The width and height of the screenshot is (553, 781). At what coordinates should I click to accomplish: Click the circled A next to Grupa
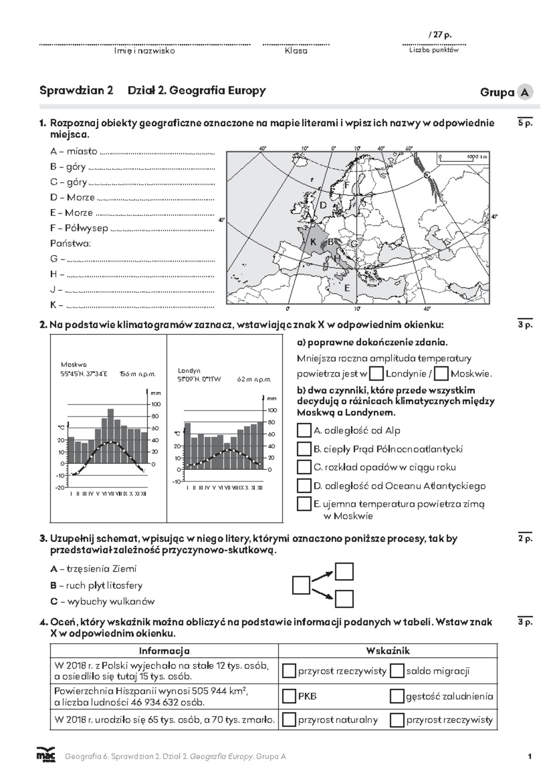(x=524, y=92)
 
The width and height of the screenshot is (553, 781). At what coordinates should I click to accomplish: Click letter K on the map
(x=313, y=242)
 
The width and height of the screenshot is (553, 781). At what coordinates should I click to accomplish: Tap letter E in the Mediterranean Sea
(x=347, y=288)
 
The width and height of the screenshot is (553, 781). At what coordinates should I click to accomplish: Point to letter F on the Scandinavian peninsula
(x=347, y=185)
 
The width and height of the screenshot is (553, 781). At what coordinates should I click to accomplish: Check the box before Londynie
(x=377, y=373)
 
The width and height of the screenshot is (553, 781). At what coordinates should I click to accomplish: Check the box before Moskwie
(x=441, y=373)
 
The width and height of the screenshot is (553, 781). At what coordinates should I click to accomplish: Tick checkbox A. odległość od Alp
(x=304, y=431)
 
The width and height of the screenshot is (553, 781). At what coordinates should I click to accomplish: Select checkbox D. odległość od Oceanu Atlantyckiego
(x=304, y=485)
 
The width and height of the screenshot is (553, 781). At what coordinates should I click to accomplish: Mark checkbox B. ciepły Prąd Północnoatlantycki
(x=304, y=449)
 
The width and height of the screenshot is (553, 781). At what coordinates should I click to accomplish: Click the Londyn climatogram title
(x=189, y=370)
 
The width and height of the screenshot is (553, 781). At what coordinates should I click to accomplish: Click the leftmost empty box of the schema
(x=301, y=585)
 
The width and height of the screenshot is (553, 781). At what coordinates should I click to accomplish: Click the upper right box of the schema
(x=344, y=571)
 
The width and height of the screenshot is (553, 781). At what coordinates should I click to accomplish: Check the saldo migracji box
(x=397, y=671)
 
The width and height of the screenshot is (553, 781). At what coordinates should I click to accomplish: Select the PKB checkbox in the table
(x=289, y=696)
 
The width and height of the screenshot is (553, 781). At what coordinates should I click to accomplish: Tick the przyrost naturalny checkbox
(x=289, y=720)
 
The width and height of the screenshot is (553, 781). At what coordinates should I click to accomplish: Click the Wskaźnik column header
(x=388, y=651)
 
